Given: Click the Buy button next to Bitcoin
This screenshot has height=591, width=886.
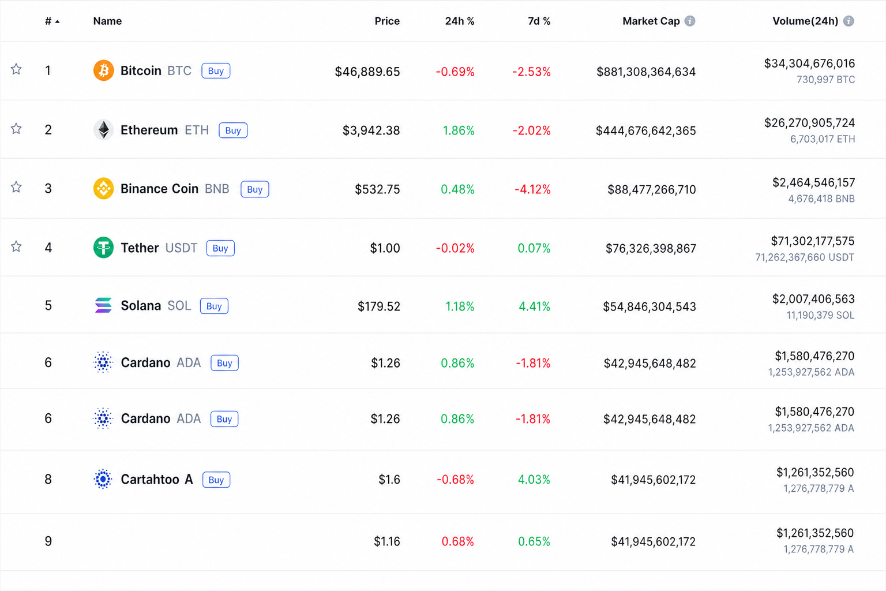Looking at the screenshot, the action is pos(216,71).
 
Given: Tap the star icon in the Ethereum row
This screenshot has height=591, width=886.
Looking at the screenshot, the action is pos(16,129).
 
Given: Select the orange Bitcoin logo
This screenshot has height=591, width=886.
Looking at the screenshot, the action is pos(104,70).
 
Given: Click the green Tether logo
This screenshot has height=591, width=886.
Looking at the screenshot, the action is pos(104,248).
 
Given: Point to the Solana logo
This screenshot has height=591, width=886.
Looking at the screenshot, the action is pos(104,305).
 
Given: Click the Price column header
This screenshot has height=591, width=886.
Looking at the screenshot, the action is pos(387,21).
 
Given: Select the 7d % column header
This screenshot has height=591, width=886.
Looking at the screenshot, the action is pos(539,21).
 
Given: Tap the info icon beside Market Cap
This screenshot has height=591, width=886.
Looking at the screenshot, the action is pos(690,21).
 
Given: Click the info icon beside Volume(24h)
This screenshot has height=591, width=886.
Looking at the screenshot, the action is pos(849,21).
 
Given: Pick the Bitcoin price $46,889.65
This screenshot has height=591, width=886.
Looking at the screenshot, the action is pos(367,72).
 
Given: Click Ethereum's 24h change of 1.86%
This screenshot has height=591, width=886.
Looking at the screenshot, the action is pos(458,130).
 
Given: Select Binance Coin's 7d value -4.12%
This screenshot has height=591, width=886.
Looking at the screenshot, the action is pos(532,190).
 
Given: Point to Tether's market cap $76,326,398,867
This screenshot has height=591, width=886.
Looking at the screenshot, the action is pos(651,249).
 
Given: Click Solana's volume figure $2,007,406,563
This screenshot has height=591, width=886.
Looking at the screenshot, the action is pos(813,299).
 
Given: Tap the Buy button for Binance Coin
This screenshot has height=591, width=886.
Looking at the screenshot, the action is pos(255,189).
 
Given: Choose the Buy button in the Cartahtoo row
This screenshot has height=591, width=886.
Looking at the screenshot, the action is pos(216,480).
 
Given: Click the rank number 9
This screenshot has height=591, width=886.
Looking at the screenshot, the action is pos(48,541).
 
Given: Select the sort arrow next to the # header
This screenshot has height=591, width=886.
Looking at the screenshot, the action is pos(57,22).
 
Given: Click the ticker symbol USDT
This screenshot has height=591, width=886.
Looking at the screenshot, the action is pos(181,248).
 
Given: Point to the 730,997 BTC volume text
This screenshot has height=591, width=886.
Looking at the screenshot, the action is pos(825,80).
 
